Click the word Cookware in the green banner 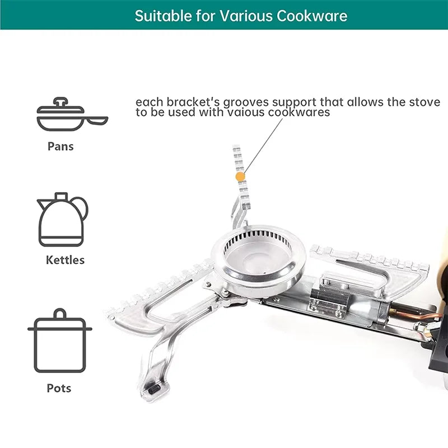click(312, 16)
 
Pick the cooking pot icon click(60, 340)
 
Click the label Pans click(60, 147)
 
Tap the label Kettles click(65, 260)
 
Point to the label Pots click(59, 388)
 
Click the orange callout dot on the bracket click(240, 177)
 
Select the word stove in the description click(424, 102)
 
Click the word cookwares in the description click(299, 113)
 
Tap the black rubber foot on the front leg click(155, 389)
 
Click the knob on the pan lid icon click(60, 101)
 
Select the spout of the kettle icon click(43, 204)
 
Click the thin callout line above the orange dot click(263, 146)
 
